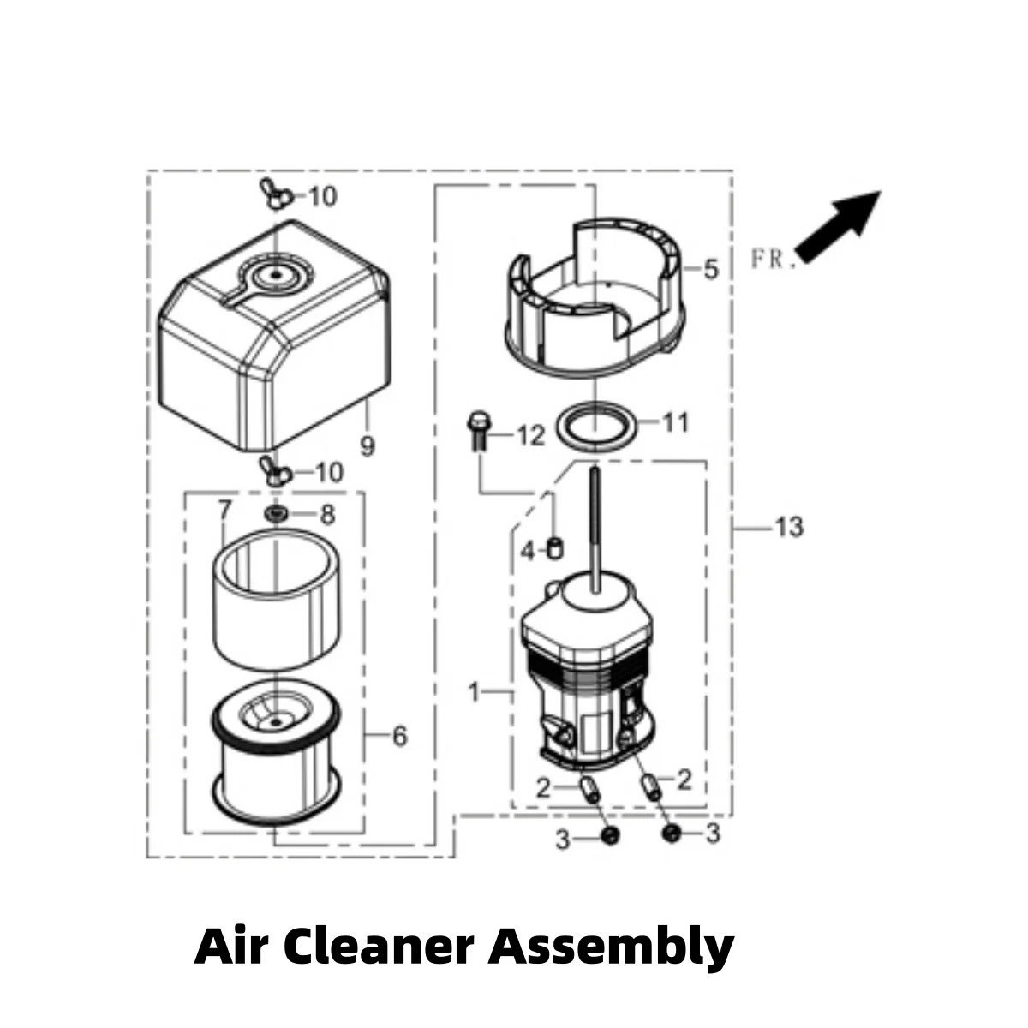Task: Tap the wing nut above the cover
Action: point(275,194)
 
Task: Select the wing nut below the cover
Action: point(275,471)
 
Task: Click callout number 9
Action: point(368,446)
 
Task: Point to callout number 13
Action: point(790,528)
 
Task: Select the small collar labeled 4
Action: point(555,548)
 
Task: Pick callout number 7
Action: point(224,511)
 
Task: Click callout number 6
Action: point(399,736)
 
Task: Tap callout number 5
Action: point(711,269)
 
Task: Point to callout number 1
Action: point(474,692)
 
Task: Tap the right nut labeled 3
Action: point(672,833)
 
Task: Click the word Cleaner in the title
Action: point(383,947)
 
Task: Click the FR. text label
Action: point(774,260)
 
